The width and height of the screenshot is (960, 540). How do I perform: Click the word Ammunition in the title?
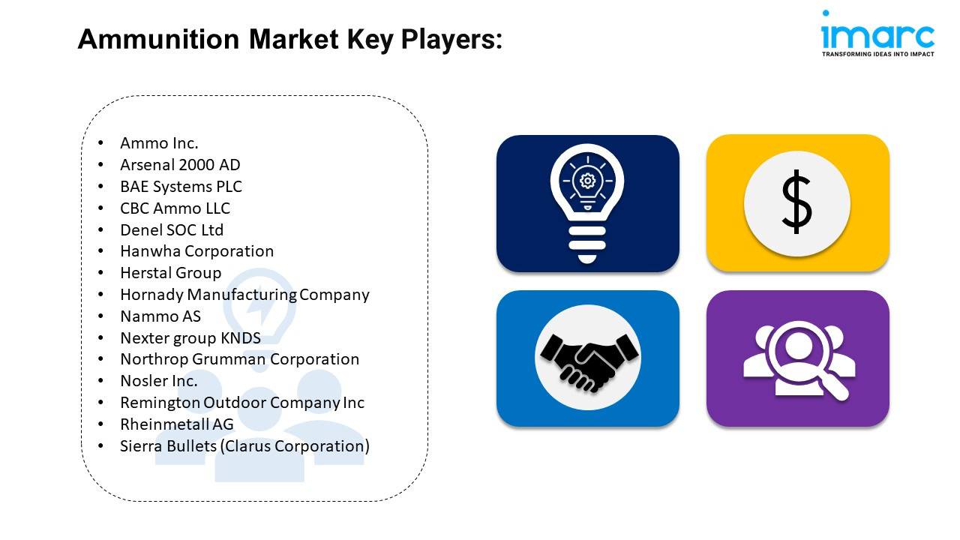pos(158,40)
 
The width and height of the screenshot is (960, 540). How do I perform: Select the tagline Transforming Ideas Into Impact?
pos(877,54)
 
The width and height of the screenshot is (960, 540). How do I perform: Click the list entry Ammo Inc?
pos(159,143)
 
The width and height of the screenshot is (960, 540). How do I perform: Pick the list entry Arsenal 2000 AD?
pos(180,164)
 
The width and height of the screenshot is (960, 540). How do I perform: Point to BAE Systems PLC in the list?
pos(181,187)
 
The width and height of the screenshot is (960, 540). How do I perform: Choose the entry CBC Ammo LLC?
pos(175,208)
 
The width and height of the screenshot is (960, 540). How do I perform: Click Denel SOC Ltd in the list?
pos(172,230)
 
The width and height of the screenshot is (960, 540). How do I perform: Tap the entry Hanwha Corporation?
pos(196,251)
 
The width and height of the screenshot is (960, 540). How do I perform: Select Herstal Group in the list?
pos(170,273)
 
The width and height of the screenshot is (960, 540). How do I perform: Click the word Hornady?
pos(152,295)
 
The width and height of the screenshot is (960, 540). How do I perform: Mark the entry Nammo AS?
pos(160,316)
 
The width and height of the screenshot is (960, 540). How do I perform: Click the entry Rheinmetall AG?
pos(176,424)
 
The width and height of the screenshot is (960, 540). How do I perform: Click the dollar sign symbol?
pos(796,202)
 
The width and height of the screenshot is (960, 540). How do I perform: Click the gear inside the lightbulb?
pos(587,181)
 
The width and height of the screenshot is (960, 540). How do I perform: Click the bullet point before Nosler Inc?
pos(100,380)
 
